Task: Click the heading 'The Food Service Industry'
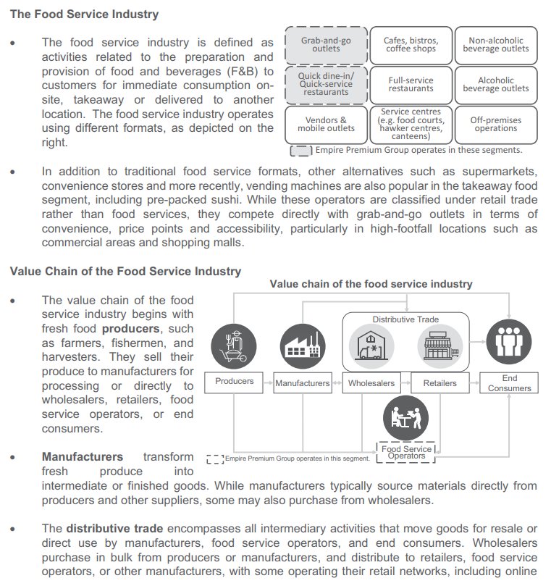pyautogui.click(x=84, y=14)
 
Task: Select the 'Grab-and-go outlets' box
pyautogui.click(x=326, y=45)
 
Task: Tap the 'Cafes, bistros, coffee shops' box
pyautogui.click(x=411, y=45)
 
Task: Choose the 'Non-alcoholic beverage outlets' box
pyautogui.click(x=496, y=45)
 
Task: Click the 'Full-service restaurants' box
pyautogui.click(x=411, y=85)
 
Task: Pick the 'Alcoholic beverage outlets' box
pyautogui.click(x=496, y=85)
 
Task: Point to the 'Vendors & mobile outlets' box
pyautogui.click(x=326, y=125)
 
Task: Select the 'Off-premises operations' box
pyautogui.click(x=496, y=125)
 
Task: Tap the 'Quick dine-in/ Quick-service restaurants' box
pyautogui.click(x=326, y=84)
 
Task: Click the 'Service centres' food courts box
pyautogui.click(x=411, y=125)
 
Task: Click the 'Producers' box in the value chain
pyautogui.click(x=235, y=382)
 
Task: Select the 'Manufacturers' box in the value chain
pyautogui.click(x=302, y=383)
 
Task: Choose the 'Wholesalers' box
pyautogui.click(x=371, y=383)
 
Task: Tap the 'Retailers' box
pyautogui.click(x=439, y=383)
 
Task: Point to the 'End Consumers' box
pyautogui.click(x=510, y=383)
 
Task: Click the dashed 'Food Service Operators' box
pyautogui.click(x=406, y=452)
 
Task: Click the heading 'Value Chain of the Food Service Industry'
pyautogui.click(x=125, y=272)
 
